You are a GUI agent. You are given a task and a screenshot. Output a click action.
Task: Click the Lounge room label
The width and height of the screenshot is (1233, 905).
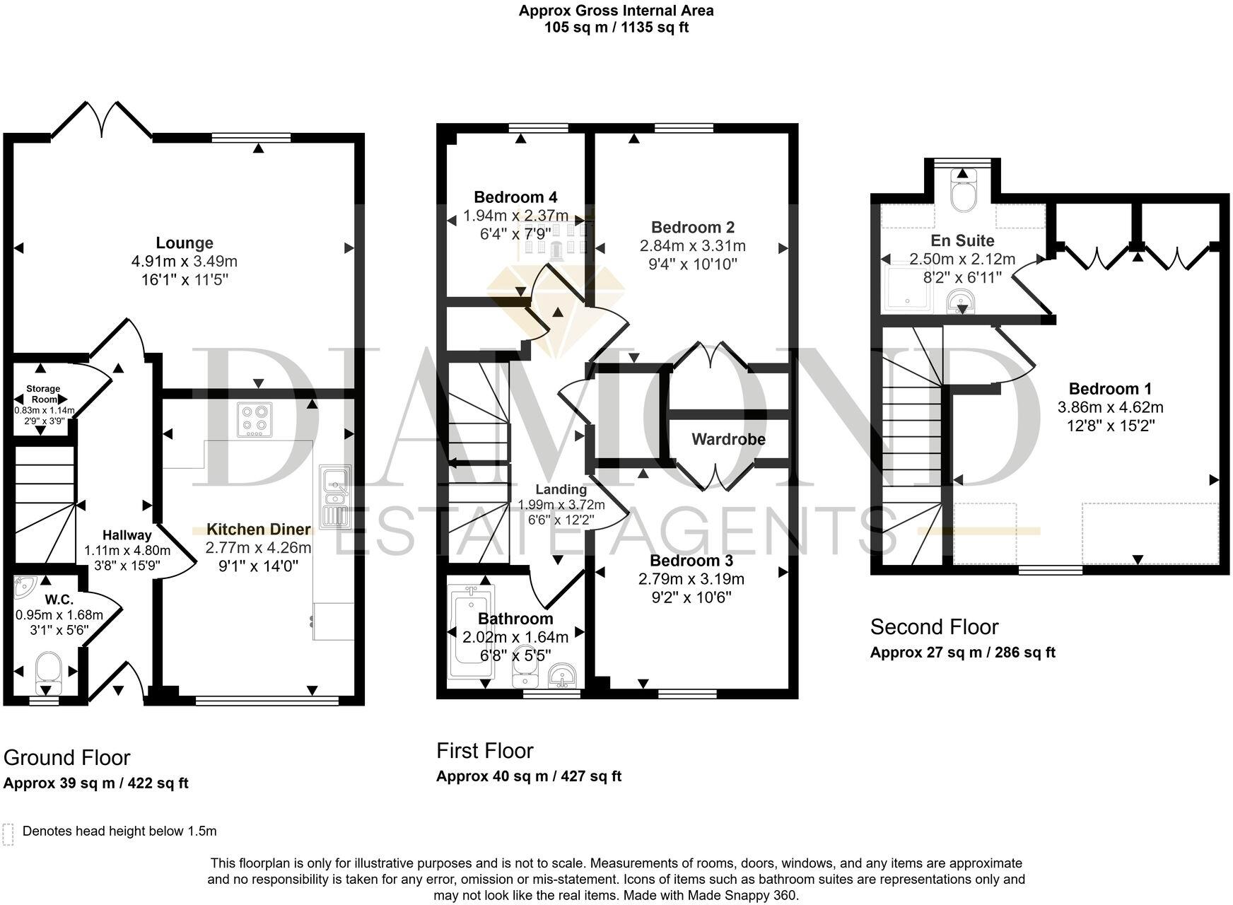(184, 243)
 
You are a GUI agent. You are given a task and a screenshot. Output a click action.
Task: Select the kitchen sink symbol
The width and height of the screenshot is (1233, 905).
(334, 496)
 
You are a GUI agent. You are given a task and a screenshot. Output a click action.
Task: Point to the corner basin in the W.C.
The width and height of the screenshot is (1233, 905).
(25, 585)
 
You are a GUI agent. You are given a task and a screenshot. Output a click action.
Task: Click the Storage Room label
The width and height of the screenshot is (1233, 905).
(43, 394)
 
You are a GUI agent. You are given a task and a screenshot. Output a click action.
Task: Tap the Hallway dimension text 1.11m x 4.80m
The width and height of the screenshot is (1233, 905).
(127, 551)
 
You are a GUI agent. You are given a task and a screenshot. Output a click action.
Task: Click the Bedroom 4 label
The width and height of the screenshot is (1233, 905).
(515, 197)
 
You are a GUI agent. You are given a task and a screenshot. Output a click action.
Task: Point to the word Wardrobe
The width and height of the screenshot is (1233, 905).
(728, 439)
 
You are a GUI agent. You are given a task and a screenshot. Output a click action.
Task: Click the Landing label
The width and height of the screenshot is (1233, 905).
(561, 489)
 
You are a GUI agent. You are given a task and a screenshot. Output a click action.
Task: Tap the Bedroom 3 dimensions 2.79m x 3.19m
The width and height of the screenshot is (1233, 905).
(691, 579)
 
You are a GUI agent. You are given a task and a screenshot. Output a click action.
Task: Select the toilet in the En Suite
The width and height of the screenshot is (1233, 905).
(963, 191)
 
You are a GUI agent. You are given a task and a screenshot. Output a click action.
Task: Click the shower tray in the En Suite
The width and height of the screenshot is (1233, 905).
(909, 288)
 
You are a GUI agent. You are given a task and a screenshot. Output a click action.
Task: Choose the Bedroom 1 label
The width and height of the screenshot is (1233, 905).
(1110, 388)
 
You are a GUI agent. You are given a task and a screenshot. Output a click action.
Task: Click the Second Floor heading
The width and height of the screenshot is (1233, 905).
(934, 627)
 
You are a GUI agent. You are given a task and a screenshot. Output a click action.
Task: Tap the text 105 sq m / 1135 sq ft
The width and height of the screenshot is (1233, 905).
(616, 28)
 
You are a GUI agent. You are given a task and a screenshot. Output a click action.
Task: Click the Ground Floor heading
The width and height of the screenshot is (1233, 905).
(67, 757)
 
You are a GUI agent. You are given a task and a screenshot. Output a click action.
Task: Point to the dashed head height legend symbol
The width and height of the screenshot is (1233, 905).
(8, 834)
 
